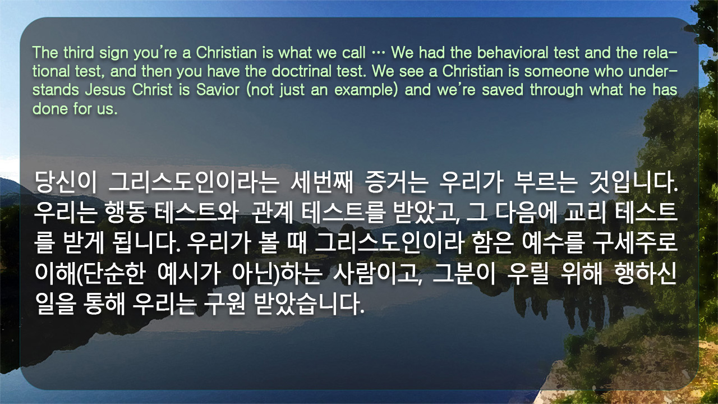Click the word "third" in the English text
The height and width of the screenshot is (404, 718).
(79, 53)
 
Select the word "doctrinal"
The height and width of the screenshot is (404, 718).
(301, 71)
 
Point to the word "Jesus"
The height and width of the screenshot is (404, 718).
(105, 89)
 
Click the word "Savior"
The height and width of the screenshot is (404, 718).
(218, 89)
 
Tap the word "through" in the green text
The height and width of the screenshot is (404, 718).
(556, 90)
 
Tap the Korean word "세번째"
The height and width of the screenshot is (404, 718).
(321, 182)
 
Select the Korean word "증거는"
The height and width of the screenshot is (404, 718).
(397, 182)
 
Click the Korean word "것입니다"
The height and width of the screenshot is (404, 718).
(632, 182)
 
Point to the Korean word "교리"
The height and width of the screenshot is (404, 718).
(584, 213)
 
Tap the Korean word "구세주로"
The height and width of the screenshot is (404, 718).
(634, 243)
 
